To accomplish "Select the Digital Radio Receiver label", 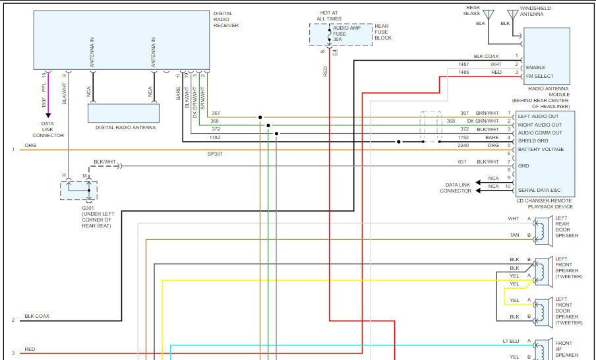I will [226, 19].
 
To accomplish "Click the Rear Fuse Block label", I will [383, 32].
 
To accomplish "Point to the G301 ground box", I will [78, 191].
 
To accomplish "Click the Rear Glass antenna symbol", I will [489, 14].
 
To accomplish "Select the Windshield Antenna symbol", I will [513, 14].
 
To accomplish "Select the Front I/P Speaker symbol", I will [542, 350].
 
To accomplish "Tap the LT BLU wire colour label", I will [510, 342].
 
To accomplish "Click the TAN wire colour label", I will [514, 235].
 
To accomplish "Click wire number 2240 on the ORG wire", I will [463, 145].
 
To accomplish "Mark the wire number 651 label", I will [462, 162].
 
